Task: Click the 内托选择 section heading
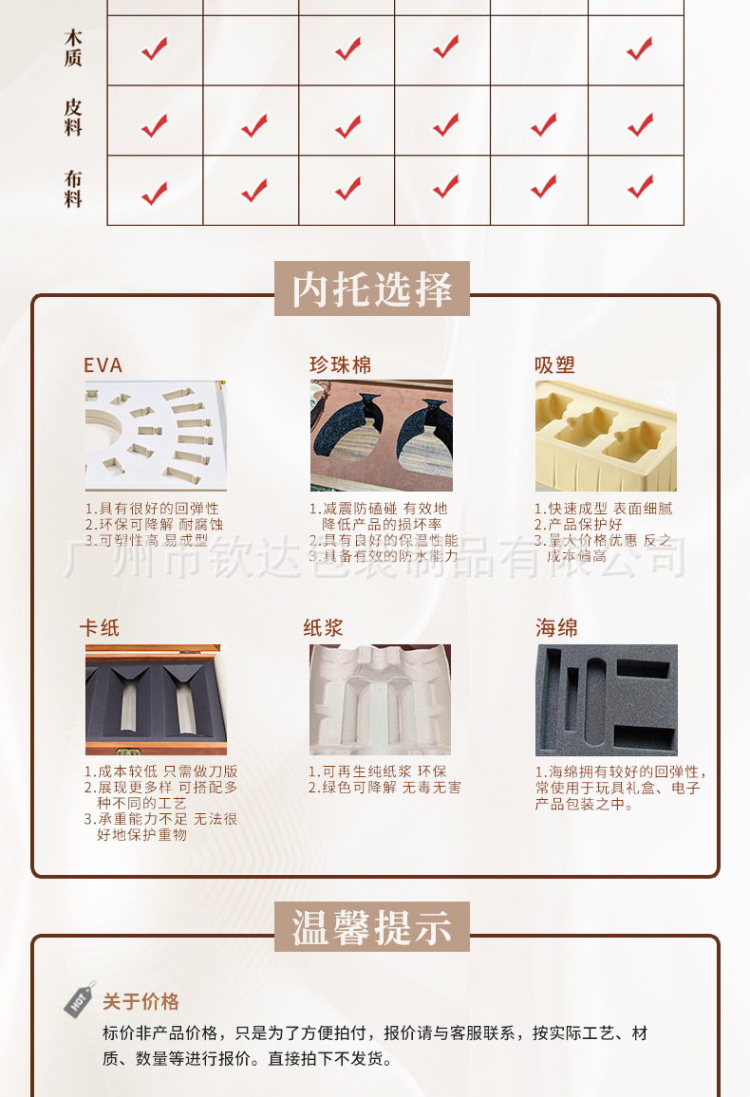[x=372, y=288]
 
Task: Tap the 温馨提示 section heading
[x=372, y=927]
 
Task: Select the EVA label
[x=103, y=365]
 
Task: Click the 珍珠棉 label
[x=340, y=365]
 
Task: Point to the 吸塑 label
[x=554, y=365]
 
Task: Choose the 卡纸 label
[x=100, y=628]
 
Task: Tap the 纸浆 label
[x=323, y=628]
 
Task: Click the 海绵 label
[x=556, y=628]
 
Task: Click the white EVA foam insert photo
[x=155, y=436]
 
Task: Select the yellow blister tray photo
[x=606, y=436]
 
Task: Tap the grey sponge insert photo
[x=606, y=700]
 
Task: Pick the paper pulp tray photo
[x=380, y=700]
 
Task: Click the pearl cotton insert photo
[x=381, y=436]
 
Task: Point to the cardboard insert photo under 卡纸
[x=156, y=700]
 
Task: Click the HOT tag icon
[x=80, y=998]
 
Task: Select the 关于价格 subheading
[x=141, y=1002]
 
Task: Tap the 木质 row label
[x=73, y=48]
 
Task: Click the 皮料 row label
[x=73, y=119]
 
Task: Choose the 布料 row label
[x=73, y=189]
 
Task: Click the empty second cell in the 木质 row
[x=252, y=50]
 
